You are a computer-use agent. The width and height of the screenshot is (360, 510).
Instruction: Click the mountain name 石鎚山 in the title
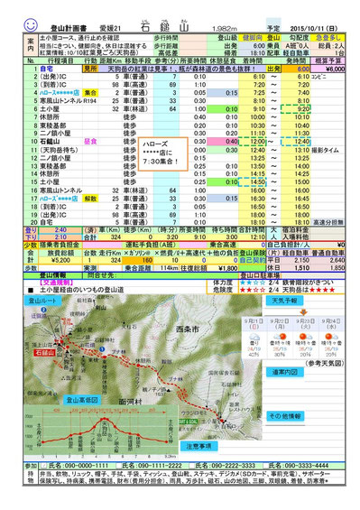pos(162,10)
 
